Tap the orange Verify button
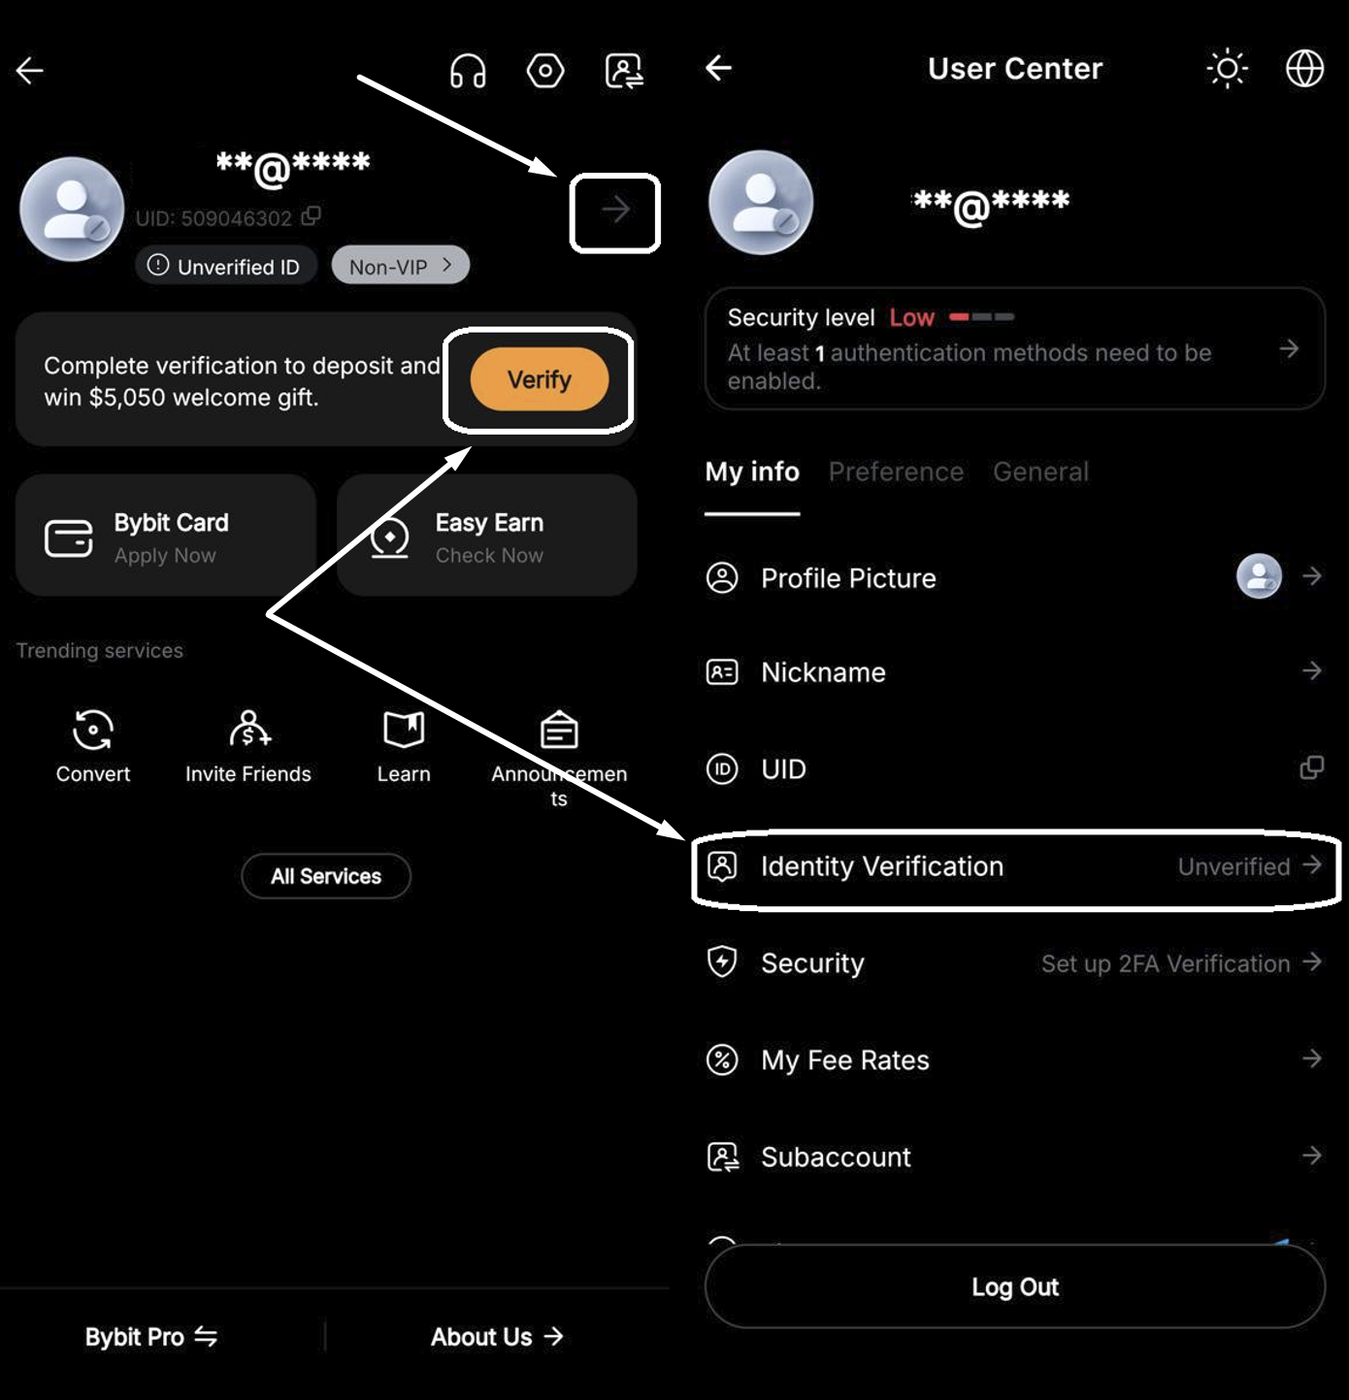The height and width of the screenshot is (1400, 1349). pos(539,379)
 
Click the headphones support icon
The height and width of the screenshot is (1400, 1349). pos(468,71)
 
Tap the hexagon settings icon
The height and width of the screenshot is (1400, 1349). pos(545,71)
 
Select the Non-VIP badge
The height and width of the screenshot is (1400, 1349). pos(400,266)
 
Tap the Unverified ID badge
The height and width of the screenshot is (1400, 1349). pos(226,266)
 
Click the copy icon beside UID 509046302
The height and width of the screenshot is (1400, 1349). pos(311,215)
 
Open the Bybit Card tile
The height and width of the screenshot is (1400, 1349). pos(166,536)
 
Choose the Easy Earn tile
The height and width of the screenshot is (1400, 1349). pos(486,536)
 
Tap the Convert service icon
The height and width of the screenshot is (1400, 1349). pos(93,730)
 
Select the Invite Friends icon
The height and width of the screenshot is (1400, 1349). pos(249,729)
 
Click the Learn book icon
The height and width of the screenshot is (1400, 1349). pos(404,730)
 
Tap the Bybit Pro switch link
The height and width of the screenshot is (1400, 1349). pos(151,1337)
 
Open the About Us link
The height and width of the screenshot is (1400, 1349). pos(497,1337)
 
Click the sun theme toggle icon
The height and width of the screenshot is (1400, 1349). pos(1228,69)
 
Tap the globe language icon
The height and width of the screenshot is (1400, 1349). pos(1304,69)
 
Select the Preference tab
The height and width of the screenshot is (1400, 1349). pos(896,472)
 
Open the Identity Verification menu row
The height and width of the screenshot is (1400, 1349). pos(1015,867)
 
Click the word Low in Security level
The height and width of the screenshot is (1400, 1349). pos(911,317)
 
